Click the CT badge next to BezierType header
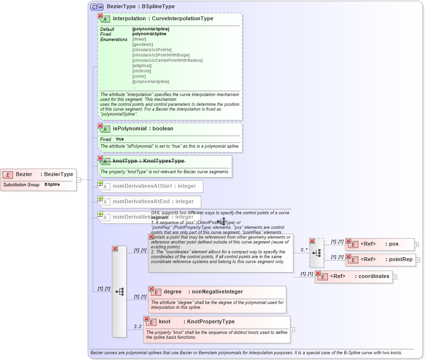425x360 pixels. tap(97, 7)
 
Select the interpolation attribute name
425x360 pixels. tap(129, 18)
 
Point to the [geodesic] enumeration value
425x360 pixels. tap(142, 44)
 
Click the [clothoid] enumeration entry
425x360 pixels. tap(142, 71)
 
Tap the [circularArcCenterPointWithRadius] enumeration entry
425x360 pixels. tap(167, 60)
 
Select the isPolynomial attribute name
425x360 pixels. tap(129, 128)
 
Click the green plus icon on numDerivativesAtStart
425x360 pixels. tap(100, 183)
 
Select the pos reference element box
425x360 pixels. tap(380, 245)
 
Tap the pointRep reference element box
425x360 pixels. tap(380, 260)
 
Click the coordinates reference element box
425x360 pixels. tap(354, 277)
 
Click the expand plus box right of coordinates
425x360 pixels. tap(395, 277)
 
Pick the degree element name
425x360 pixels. tap(172, 291)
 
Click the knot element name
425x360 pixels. tap(164, 321)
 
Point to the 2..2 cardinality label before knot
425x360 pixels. tap(138, 327)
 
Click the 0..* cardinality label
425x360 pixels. tap(304, 250)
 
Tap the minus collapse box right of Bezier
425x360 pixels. tap(78, 180)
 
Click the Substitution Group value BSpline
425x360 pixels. tap(52, 184)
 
